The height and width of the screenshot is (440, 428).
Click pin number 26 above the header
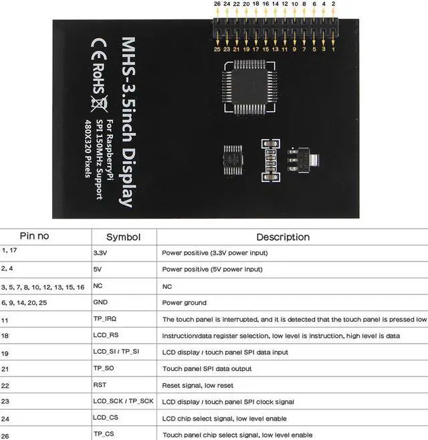(x=217, y=4)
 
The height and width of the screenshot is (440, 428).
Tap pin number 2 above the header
(x=333, y=4)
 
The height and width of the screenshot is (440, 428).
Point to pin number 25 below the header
(x=217, y=49)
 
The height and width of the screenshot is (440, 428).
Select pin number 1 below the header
(x=333, y=49)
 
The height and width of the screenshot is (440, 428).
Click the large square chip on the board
(x=249, y=87)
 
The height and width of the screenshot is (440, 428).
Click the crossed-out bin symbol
(x=100, y=104)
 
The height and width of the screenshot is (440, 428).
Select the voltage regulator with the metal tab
(x=302, y=160)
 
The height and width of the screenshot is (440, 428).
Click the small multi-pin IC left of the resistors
(x=233, y=160)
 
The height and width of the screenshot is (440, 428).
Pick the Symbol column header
(x=123, y=237)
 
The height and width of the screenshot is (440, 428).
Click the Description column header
(x=283, y=237)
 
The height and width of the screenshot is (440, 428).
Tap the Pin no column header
(x=34, y=236)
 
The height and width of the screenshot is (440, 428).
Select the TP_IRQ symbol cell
(x=105, y=319)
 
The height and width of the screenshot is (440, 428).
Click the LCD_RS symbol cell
(x=106, y=335)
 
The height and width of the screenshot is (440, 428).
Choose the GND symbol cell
(x=100, y=302)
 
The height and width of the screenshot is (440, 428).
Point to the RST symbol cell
(x=100, y=384)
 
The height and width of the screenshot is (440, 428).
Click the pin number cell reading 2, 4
(x=7, y=269)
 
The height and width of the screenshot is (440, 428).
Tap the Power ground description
(x=184, y=303)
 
